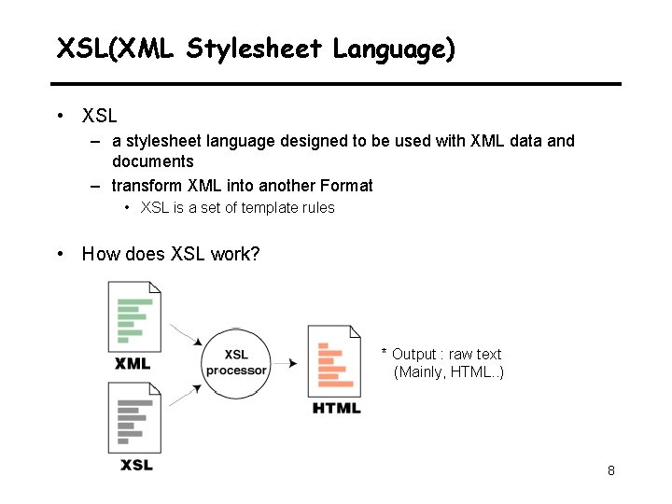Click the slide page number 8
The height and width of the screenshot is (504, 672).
611,470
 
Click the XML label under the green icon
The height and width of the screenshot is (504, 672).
133,363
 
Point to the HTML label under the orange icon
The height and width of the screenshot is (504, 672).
336,408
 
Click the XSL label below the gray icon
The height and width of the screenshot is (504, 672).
136,465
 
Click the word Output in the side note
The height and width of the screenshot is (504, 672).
413,355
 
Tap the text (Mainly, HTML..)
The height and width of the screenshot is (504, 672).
449,372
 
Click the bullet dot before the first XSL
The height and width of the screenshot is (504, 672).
60,117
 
